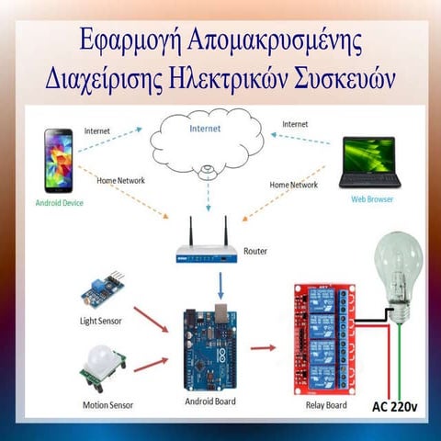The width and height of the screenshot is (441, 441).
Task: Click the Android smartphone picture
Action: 59,161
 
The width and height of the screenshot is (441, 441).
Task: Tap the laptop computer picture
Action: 367,164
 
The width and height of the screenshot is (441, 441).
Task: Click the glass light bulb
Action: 396,271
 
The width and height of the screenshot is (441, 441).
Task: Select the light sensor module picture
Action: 102,289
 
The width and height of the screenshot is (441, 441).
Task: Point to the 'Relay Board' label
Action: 327,404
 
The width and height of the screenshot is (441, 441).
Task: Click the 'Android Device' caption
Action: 59,201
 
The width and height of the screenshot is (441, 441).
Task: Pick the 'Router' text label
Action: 257,251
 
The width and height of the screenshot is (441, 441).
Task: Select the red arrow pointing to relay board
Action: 263,347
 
